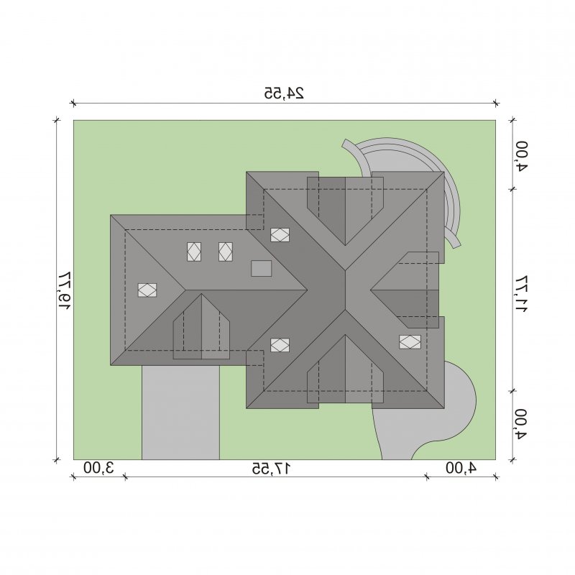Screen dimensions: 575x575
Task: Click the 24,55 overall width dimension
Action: click(x=284, y=93)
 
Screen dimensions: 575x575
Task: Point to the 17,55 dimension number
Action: click(x=272, y=468)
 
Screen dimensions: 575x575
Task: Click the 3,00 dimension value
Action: click(x=99, y=468)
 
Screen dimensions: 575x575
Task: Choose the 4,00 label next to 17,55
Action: click(x=461, y=468)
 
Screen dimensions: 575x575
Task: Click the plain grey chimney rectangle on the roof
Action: click(x=262, y=268)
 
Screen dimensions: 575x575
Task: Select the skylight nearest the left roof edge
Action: click(x=147, y=290)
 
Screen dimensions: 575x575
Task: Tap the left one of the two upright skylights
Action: click(x=194, y=252)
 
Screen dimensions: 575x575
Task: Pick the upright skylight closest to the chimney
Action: click(x=226, y=252)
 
